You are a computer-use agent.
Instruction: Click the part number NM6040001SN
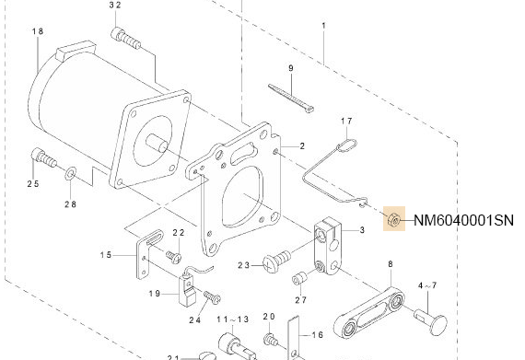(463, 220)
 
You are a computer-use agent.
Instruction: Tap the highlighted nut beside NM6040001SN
(393, 220)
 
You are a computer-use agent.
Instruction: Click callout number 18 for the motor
(38, 32)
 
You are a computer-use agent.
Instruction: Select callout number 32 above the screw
(115, 6)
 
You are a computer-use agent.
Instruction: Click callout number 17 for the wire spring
(347, 122)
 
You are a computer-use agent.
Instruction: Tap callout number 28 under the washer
(70, 203)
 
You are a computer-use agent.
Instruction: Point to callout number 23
(244, 265)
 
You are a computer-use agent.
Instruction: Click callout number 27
(300, 299)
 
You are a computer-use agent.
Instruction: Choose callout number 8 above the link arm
(390, 264)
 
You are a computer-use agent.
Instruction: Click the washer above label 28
(71, 172)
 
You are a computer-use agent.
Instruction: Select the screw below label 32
(126, 37)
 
